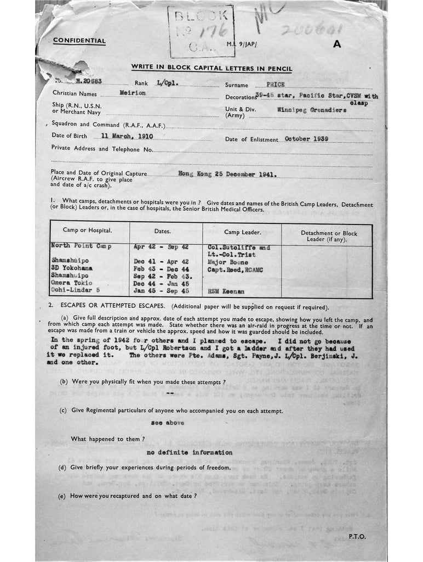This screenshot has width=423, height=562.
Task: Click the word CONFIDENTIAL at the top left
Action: coord(79,41)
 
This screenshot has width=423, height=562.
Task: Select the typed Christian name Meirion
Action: coord(133,93)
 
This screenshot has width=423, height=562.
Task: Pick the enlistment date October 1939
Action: coord(306,138)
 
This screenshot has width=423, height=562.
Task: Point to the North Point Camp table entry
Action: coord(81,246)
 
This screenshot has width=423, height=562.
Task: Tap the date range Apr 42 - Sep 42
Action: coord(161,246)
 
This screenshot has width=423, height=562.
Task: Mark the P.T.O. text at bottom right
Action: coord(356,536)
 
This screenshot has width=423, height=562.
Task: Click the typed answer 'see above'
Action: coord(168,423)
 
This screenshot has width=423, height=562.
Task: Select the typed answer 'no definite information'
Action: coord(189,452)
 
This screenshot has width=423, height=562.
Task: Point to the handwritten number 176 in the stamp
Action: coord(210,29)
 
